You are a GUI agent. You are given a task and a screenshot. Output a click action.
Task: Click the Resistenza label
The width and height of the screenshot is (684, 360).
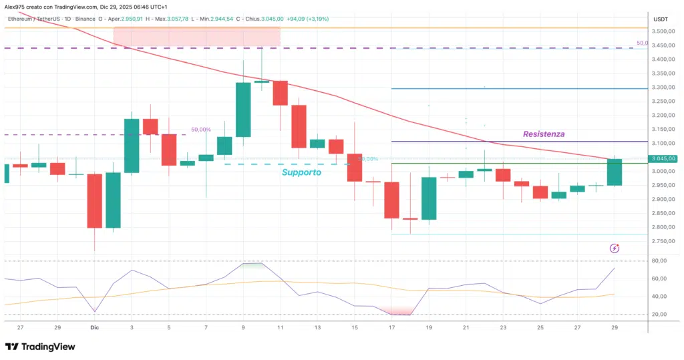pos(543,134)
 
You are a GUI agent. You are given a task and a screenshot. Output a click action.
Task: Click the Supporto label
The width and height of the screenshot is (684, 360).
pos(301,172)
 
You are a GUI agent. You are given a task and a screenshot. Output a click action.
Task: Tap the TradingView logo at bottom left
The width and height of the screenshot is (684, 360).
pos(39,347)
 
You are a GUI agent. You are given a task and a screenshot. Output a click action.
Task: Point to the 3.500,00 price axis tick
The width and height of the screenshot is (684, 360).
pos(664,31)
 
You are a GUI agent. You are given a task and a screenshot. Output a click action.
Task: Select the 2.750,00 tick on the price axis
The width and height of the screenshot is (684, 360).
pos(664,228)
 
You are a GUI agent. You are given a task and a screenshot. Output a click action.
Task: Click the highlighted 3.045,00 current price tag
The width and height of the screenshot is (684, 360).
pos(664,159)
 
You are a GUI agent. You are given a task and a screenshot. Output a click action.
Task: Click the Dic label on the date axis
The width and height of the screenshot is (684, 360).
pos(94,328)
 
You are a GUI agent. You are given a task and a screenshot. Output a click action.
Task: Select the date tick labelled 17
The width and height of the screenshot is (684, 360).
pos(391,328)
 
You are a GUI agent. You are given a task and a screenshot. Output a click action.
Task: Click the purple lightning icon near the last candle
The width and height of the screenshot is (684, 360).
pos(615,248)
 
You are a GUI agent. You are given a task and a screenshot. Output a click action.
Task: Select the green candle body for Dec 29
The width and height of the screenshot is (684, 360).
pos(615,172)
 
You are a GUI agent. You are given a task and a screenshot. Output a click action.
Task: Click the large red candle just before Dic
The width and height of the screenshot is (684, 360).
pos(94,200)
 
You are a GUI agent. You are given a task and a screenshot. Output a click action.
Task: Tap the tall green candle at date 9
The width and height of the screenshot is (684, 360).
pos(243,109)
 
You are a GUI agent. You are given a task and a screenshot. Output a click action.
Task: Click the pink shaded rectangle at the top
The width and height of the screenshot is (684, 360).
pos(196,37)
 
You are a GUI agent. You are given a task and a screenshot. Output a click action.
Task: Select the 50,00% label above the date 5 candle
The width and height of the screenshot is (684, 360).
pos(201,130)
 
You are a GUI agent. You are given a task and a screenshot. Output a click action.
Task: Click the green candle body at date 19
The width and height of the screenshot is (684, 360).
pos(428,198)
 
